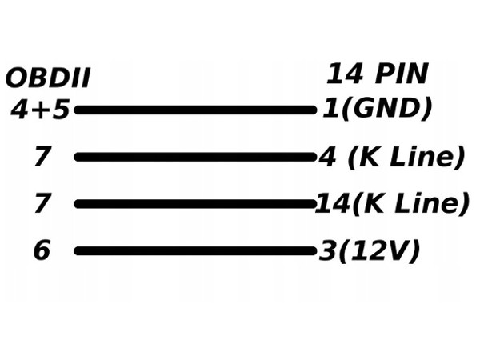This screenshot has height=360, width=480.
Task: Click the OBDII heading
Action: pos(47,78)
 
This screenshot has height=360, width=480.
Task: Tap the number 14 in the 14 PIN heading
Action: pos(345,74)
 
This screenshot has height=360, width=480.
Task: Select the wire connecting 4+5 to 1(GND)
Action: pos(196,110)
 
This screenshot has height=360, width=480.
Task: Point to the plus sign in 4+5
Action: pos(41,110)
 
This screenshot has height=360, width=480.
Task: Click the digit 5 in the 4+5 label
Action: pos(60,110)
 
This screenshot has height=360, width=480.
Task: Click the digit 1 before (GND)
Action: pos(329,108)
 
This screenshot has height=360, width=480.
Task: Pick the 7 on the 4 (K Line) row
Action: pos(42,157)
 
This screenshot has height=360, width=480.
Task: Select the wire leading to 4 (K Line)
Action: pos(196,157)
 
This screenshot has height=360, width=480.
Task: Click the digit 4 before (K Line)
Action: pos(327,157)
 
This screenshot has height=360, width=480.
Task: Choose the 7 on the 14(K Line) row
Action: pos(42,204)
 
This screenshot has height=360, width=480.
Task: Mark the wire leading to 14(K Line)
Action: pos(196,204)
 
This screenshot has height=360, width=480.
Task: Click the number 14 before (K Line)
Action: pos(329,204)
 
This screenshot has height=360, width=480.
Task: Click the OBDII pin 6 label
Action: pos(42,251)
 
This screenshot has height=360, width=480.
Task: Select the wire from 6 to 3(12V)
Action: pos(196,251)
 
